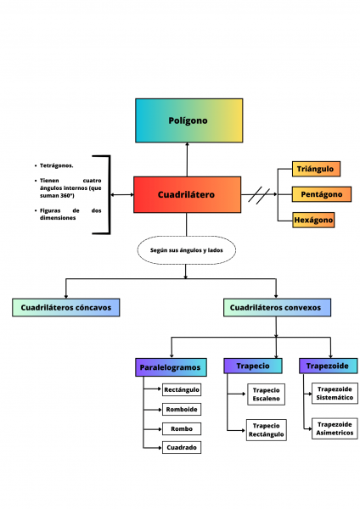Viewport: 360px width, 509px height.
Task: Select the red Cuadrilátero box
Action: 187,195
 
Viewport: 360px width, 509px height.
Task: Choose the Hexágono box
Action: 313,220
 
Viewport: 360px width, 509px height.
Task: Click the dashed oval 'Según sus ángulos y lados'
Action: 187,250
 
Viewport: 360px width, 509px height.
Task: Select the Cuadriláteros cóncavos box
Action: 65,307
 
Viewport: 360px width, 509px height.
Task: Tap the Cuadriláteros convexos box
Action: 277,307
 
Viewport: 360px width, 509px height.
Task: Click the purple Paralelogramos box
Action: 171,367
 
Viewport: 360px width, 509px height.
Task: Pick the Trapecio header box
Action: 252,366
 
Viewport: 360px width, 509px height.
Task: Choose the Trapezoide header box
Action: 328,366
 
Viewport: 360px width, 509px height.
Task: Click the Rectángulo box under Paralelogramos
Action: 182,390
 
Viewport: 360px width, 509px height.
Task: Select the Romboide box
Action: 182,409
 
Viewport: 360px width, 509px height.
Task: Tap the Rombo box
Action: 182,428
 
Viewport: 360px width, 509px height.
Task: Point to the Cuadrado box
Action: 182,447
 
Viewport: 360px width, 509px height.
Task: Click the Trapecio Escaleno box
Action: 267,394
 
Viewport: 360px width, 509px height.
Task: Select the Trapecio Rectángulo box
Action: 267,430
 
